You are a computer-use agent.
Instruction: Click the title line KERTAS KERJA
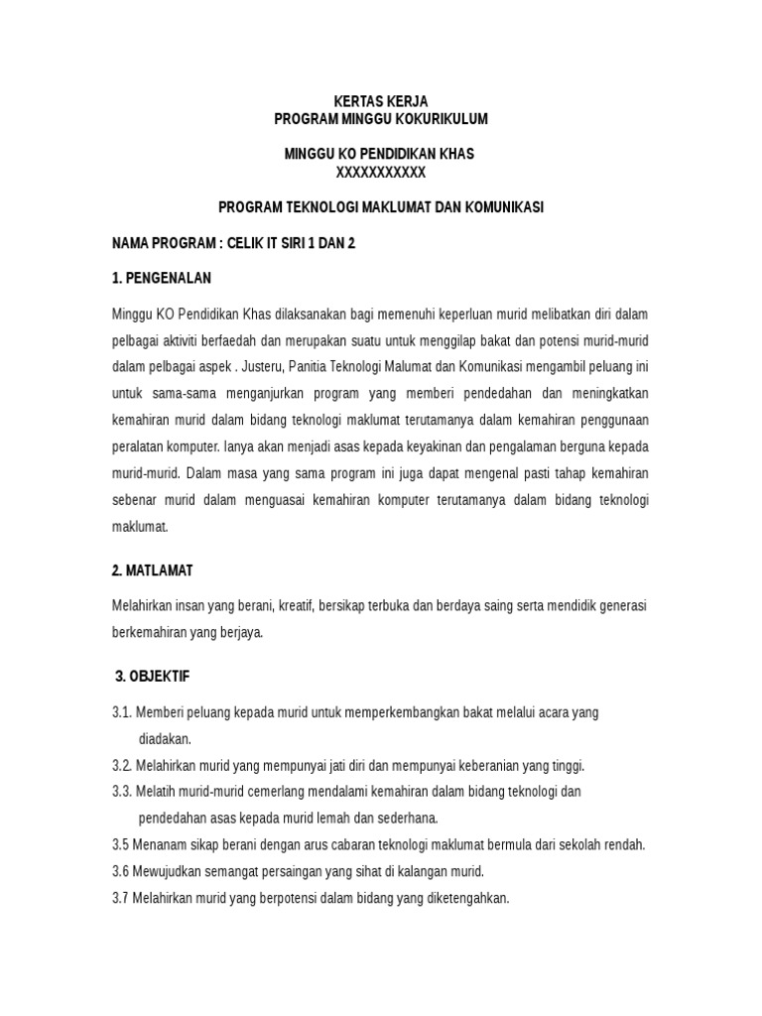pos(381,102)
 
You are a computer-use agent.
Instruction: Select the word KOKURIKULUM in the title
pos(444,119)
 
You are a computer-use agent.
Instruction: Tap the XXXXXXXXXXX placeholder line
pos(381,172)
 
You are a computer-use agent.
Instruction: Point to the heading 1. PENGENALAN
pos(162,277)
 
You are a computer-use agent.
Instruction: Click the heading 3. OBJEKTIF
pos(153,677)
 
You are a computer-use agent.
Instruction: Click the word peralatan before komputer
pos(141,446)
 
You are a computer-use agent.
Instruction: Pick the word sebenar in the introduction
pos(137,500)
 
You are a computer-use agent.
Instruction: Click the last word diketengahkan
pos(461,898)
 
